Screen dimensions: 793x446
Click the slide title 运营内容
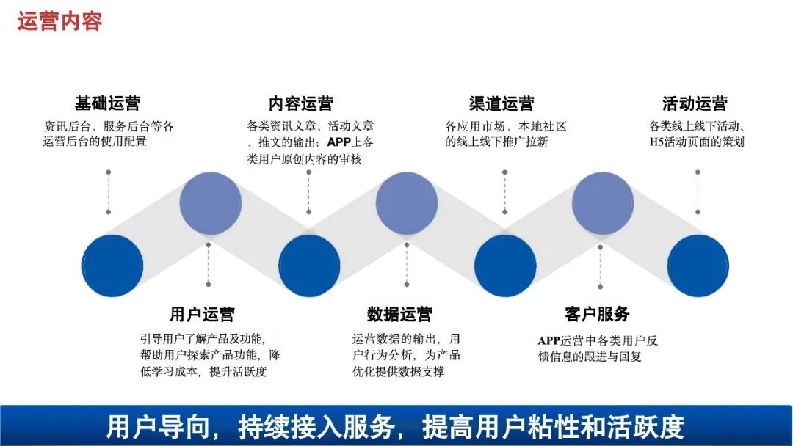pyautogui.click(x=59, y=21)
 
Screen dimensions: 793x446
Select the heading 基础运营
pyautogui.click(x=107, y=103)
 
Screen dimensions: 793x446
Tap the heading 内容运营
pyautogui.click(x=301, y=103)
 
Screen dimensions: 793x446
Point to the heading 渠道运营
pyautogui.click(x=501, y=103)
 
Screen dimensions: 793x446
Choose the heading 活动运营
pyautogui.click(x=695, y=103)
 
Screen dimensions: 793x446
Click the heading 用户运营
pyautogui.click(x=202, y=315)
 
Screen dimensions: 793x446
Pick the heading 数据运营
pyautogui.click(x=399, y=315)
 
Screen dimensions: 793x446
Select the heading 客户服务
pyautogui.click(x=597, y=315)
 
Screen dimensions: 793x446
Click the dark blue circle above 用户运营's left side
pyautogui.click(x=112, y=266)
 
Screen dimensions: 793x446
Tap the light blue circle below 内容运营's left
pyautogui.click(x=211, y=203)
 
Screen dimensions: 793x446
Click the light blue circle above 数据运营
pyautogui.click(x=407, y=203)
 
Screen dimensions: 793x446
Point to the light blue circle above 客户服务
pyautogui.click(x=603, y=203)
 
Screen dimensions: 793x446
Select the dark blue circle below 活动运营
pyautogui.click(x=698, y=266)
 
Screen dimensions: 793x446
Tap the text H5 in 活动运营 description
pyautogui.click(x=657, y=142)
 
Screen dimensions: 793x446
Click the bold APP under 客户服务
pyautogui.click(x=549, y=340)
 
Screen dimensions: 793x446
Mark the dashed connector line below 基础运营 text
pyautogui.click(x=108, y=192)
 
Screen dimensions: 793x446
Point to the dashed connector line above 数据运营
pyautogui.click(x=406, y=264)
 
